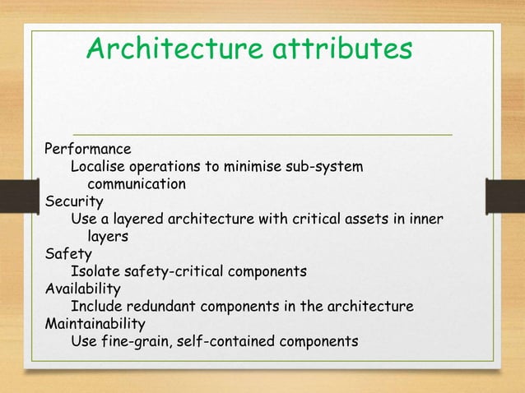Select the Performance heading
(x=87, y=150)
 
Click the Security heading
(x=74, y=201)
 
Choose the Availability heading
(x=82, y=289)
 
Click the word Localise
(x=98, y=167)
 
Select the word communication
(x=137, y=184)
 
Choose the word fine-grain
(x=137, y=342)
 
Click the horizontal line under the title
(x=263, y=133)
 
